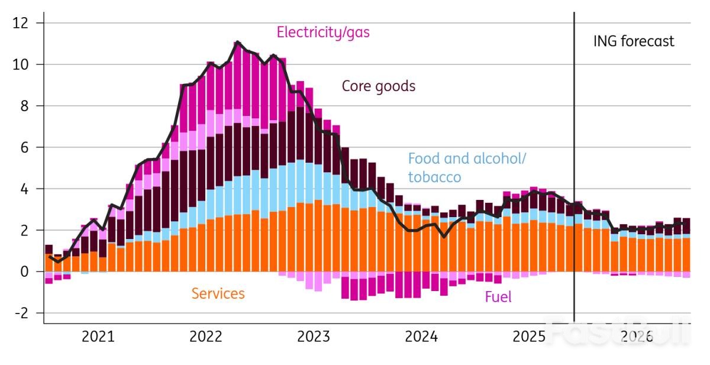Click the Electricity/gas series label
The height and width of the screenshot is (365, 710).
click(x=323, y=32)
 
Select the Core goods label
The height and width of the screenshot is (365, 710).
click(x=379, y=86)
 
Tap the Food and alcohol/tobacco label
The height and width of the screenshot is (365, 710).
click(x=467, y=167)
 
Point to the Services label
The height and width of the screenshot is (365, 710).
click(x=218, y=293)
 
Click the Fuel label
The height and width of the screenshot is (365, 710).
click(x=498, y=297)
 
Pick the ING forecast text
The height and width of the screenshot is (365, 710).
click(x=634, y=41)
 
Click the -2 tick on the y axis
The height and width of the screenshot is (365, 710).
click(x=22, y=313)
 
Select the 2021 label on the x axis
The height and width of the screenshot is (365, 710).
click(x=98, y=337)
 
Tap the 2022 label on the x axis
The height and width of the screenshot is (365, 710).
click(x=205, y=337)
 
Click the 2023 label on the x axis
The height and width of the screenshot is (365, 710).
click(x=314, y=337)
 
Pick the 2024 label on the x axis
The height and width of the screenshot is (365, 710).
click(x=421, y=337)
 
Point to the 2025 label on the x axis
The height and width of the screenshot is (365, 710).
click(x=529, y=337)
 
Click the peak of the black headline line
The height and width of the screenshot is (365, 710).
click(x=237, y=42)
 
